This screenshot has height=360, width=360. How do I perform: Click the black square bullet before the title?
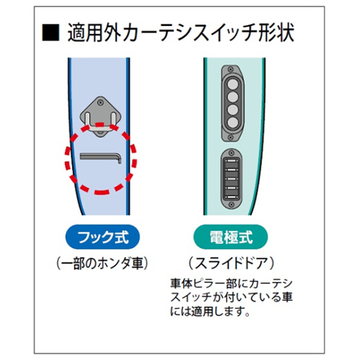(x=50, y=32)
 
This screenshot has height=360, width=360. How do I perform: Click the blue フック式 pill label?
(x=102, y=237)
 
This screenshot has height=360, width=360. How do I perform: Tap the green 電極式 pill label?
(x=230, y=237)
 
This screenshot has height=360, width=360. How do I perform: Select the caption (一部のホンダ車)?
(x=102, y=264)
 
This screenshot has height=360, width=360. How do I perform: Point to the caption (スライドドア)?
(x=231, y=264)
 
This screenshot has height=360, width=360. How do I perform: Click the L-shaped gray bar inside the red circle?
(x=101, y=158)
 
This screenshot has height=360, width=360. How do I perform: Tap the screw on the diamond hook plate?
(x=100, y=103)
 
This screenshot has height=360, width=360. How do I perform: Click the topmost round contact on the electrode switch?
(x=233, y=84)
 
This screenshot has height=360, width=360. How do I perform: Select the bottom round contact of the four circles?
(x=233, y=122)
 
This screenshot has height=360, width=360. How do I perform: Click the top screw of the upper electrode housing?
(x=231, y=70)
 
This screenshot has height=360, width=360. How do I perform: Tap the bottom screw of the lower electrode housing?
(x=231, y=204)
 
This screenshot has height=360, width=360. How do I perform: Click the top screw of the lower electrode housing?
(x=231, y=153)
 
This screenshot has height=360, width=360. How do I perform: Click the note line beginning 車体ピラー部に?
(x=231, y=284)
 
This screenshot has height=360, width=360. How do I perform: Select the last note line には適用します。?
(x=210, y=311)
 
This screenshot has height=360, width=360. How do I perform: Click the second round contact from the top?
(x=233, y=97)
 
